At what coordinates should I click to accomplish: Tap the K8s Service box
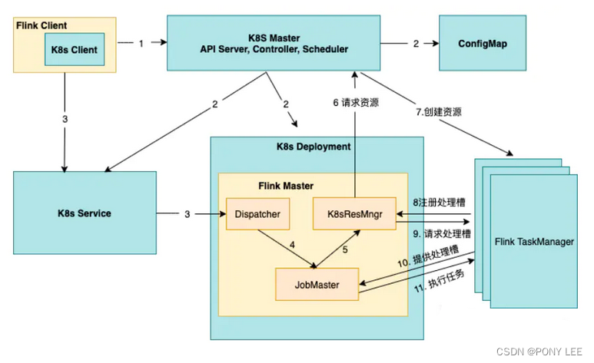85,213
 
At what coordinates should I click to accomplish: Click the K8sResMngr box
355,213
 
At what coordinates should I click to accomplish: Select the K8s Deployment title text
313,146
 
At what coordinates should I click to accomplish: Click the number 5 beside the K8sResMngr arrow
345,249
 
